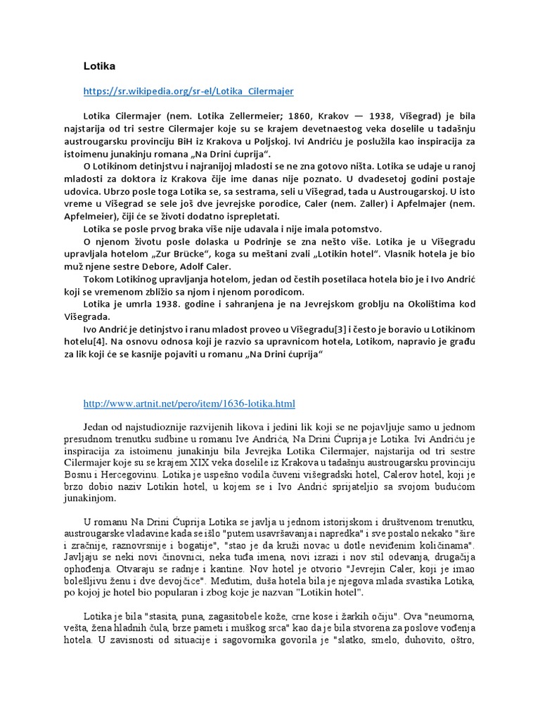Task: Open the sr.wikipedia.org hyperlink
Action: click(x=188, y=91)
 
